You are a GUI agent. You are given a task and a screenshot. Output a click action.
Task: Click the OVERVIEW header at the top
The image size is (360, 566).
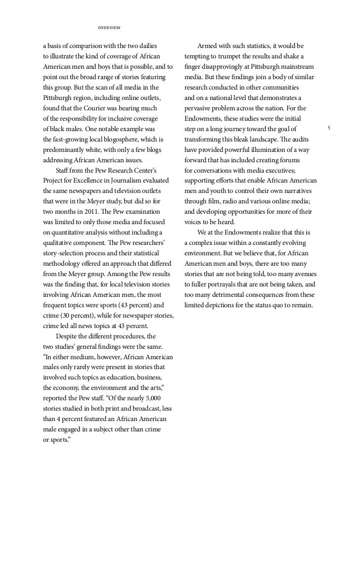pyautogui.click(x=109, y=27)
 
